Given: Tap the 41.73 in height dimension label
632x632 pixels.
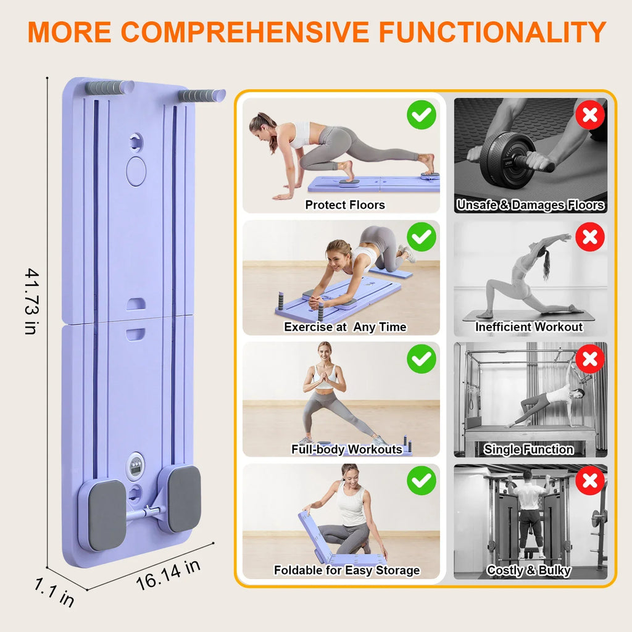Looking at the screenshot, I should [x=30, y=301].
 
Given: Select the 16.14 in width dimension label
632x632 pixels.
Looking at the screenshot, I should [x=168, y=573].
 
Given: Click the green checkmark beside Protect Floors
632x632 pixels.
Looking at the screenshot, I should [x=422, y=115].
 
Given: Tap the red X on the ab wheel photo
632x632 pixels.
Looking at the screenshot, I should [x=590, y=115].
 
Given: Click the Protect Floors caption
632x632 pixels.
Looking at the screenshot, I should [x=344, y=205].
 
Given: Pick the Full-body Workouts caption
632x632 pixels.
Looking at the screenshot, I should [x=346, y=449].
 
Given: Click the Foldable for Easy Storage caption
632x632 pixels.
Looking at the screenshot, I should [x=346, y=570].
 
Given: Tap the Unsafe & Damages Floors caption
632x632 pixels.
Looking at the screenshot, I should [x=530, y=205].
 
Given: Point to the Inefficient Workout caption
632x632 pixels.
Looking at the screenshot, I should [x=529, y=327].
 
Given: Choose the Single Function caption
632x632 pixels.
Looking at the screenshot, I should [x=528, y=449].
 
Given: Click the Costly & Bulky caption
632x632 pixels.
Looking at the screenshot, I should [x=528, y=570].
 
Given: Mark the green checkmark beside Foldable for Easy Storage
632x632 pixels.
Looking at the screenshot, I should [x=422, y=480].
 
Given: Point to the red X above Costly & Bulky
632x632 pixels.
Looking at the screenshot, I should [x=590, y=480].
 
